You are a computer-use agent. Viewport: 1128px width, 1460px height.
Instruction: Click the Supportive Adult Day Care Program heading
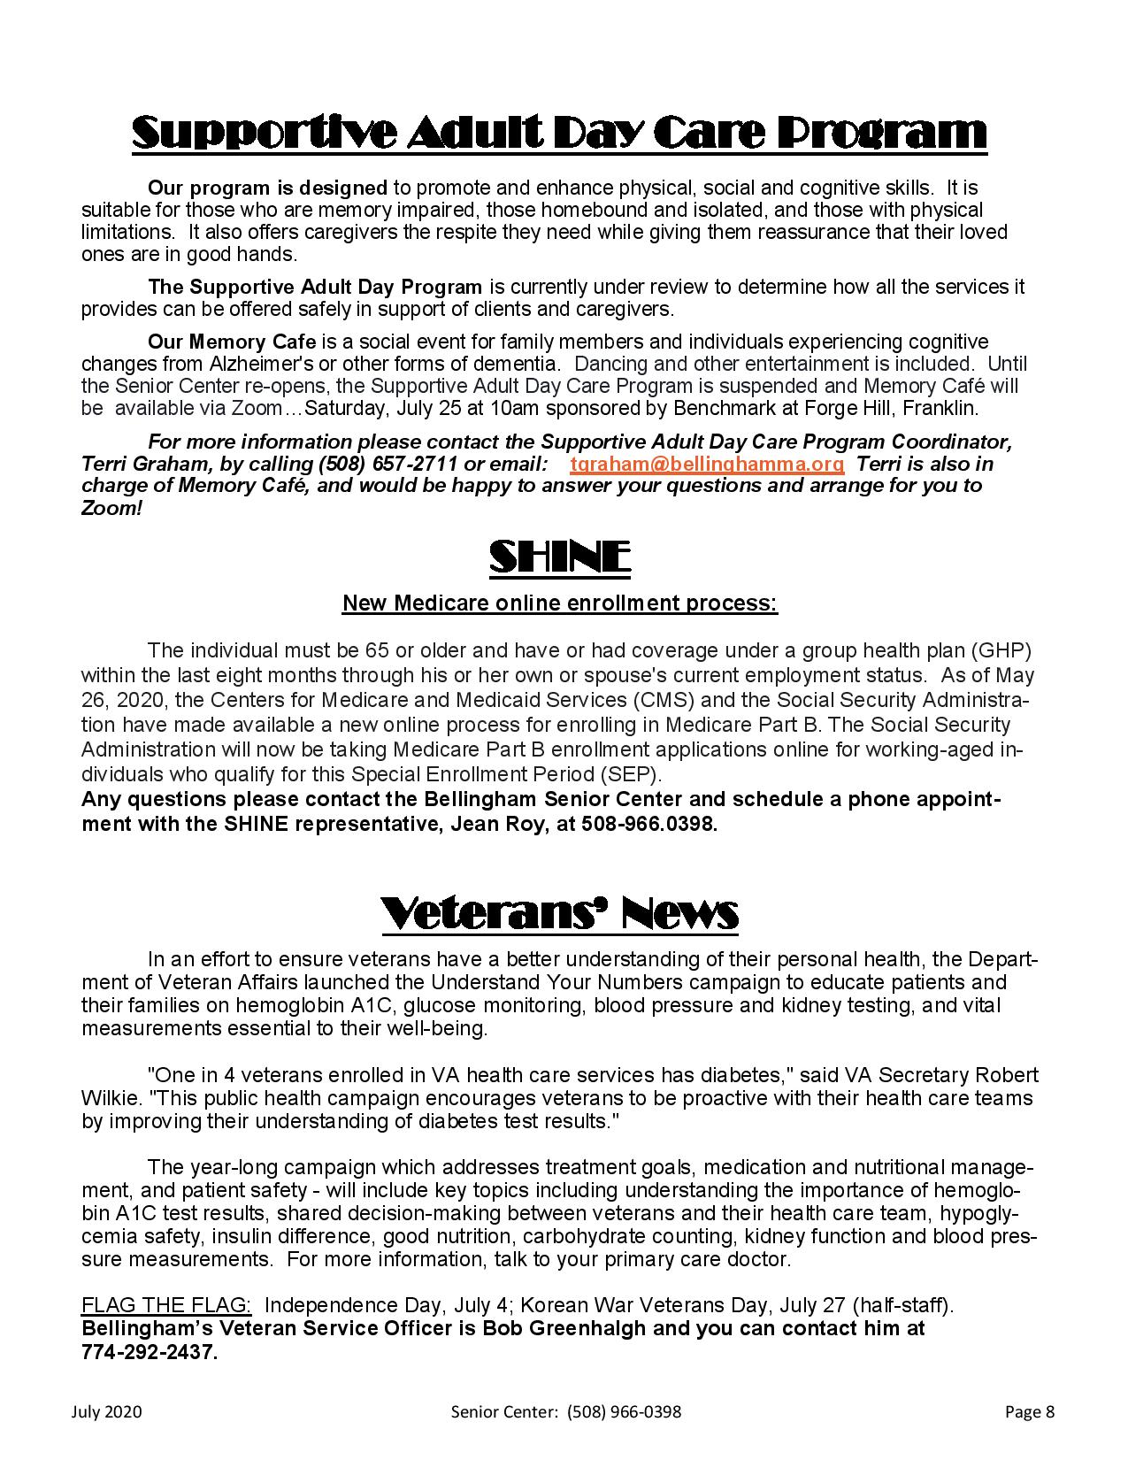coord(559,133)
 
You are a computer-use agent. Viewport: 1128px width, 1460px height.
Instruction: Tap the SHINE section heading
coord(559,557)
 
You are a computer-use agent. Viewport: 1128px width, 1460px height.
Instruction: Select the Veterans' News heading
coord(559,912)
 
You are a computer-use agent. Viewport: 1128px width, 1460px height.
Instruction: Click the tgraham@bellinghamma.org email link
coord(707,464)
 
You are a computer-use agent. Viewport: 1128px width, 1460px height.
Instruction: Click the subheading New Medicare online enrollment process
coord(559,603)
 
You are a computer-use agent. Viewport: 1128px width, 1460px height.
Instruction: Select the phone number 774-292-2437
coord(149,1353)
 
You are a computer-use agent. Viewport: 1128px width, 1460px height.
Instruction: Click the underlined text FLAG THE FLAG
coord(166,1305)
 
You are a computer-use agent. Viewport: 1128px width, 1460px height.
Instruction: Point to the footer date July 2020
coord(106,1411)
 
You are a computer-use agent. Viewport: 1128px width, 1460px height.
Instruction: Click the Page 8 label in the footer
coord(1029,1411)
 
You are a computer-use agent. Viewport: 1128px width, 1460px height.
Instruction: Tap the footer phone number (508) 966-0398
coord(625,1411)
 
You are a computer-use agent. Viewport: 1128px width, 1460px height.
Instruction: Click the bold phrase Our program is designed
coord(267,188)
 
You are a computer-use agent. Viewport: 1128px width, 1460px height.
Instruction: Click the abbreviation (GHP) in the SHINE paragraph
coord(1001,650)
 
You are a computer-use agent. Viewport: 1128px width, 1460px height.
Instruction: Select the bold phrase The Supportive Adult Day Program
coord(315,287)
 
